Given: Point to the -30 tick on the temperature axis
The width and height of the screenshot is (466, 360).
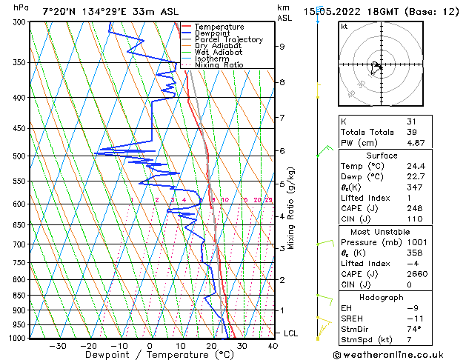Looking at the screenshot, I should coord(57,345).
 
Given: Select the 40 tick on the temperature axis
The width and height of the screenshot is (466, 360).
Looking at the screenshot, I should coord(273,345).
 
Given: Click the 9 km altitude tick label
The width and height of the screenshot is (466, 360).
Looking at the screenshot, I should coord(282,47).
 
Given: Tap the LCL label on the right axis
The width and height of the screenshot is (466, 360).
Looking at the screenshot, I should coord(292,333).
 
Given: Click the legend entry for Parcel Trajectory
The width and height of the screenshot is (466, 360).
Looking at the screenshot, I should coord(229,39).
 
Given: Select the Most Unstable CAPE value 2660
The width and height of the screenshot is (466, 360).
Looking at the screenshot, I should coord(416,272).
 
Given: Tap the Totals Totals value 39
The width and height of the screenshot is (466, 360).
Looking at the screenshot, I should coord(412,131).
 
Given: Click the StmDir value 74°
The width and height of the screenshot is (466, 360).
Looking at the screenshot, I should coord(414,329).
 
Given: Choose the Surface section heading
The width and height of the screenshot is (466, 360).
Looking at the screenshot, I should coord(382,155).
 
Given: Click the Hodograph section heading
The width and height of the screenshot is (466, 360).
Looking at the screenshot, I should coord(382,297).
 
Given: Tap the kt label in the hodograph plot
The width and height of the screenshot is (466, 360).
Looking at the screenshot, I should coord(344,26).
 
